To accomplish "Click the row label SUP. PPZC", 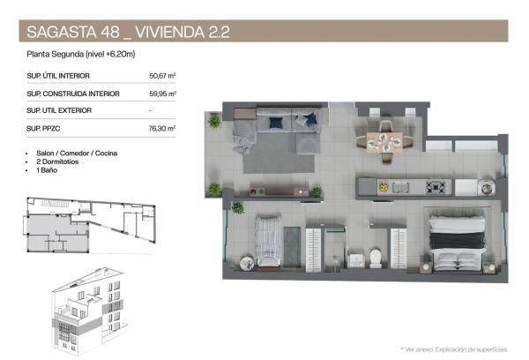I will point(48,128).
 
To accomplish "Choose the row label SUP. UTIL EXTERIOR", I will point(59,110).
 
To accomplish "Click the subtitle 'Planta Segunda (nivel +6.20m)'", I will point(79,55).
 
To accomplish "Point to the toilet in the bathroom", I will point(375,257).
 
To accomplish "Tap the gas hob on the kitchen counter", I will point(435,187).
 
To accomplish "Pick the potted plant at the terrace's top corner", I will point(214,122).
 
